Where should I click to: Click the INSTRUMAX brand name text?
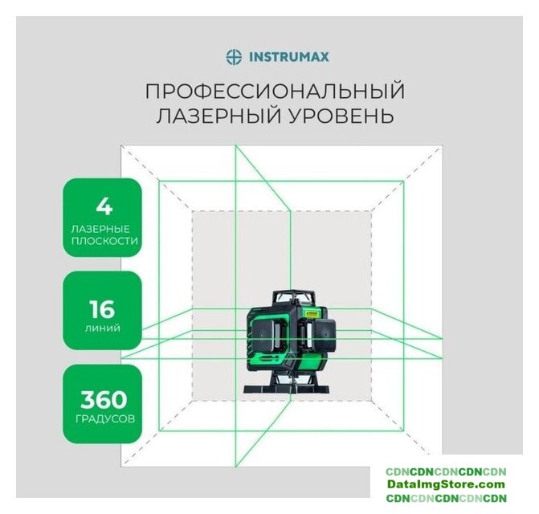pyautogui.click(x=288, y=57)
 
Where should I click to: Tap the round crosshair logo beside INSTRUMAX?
pyautogui.click(x=234, y=57)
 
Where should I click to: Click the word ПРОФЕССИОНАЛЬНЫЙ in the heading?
pyautogui.click(x=276, y=91)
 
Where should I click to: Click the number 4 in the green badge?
pyautogui.click(x=104, y=207)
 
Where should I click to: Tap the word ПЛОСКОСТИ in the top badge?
pyautogui.click(x=104, y=241)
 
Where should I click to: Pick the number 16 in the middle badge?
pyautogui.click(x=102, y=309)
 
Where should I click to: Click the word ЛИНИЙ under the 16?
pyautogui.click(x=103, y=328)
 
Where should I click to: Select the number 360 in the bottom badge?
pyautogui.click(x=104, y=400)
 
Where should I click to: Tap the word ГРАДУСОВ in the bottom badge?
pyautogui.click(x=105, y=419)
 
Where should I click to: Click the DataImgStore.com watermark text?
pyautogui.click(x=446, y=484)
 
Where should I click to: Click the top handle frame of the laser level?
pyautogui.click(x=294, y=297)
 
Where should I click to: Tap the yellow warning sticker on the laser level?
pyautogui.click(x=311, y=313)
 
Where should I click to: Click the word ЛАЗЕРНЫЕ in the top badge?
pyautogui.click(x=100, y=229)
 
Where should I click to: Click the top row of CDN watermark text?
pyautogui.click(x=446, y=471)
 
